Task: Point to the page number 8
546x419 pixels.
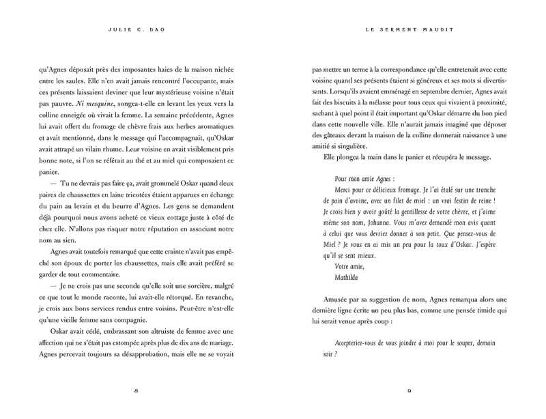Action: [x=136, y=390]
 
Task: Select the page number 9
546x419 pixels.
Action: [x=407, y=390]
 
